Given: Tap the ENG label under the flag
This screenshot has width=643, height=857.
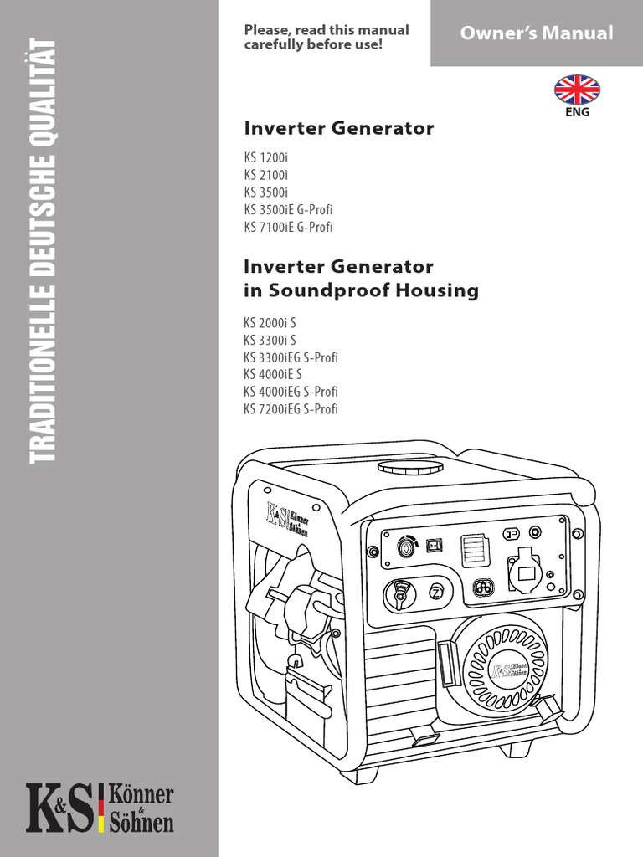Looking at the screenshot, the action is pos(578,113).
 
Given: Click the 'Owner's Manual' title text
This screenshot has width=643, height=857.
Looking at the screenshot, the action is pos(537,33).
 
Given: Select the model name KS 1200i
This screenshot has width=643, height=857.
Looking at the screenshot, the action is pos(265,157).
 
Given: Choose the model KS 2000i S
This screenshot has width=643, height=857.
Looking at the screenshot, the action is pos(270,323).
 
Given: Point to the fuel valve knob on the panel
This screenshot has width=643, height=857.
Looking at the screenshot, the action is pos(399,595).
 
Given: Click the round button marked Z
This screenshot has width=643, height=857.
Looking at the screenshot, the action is pos(436,592).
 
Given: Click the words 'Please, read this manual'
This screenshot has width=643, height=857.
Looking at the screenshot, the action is pos(327,30).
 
